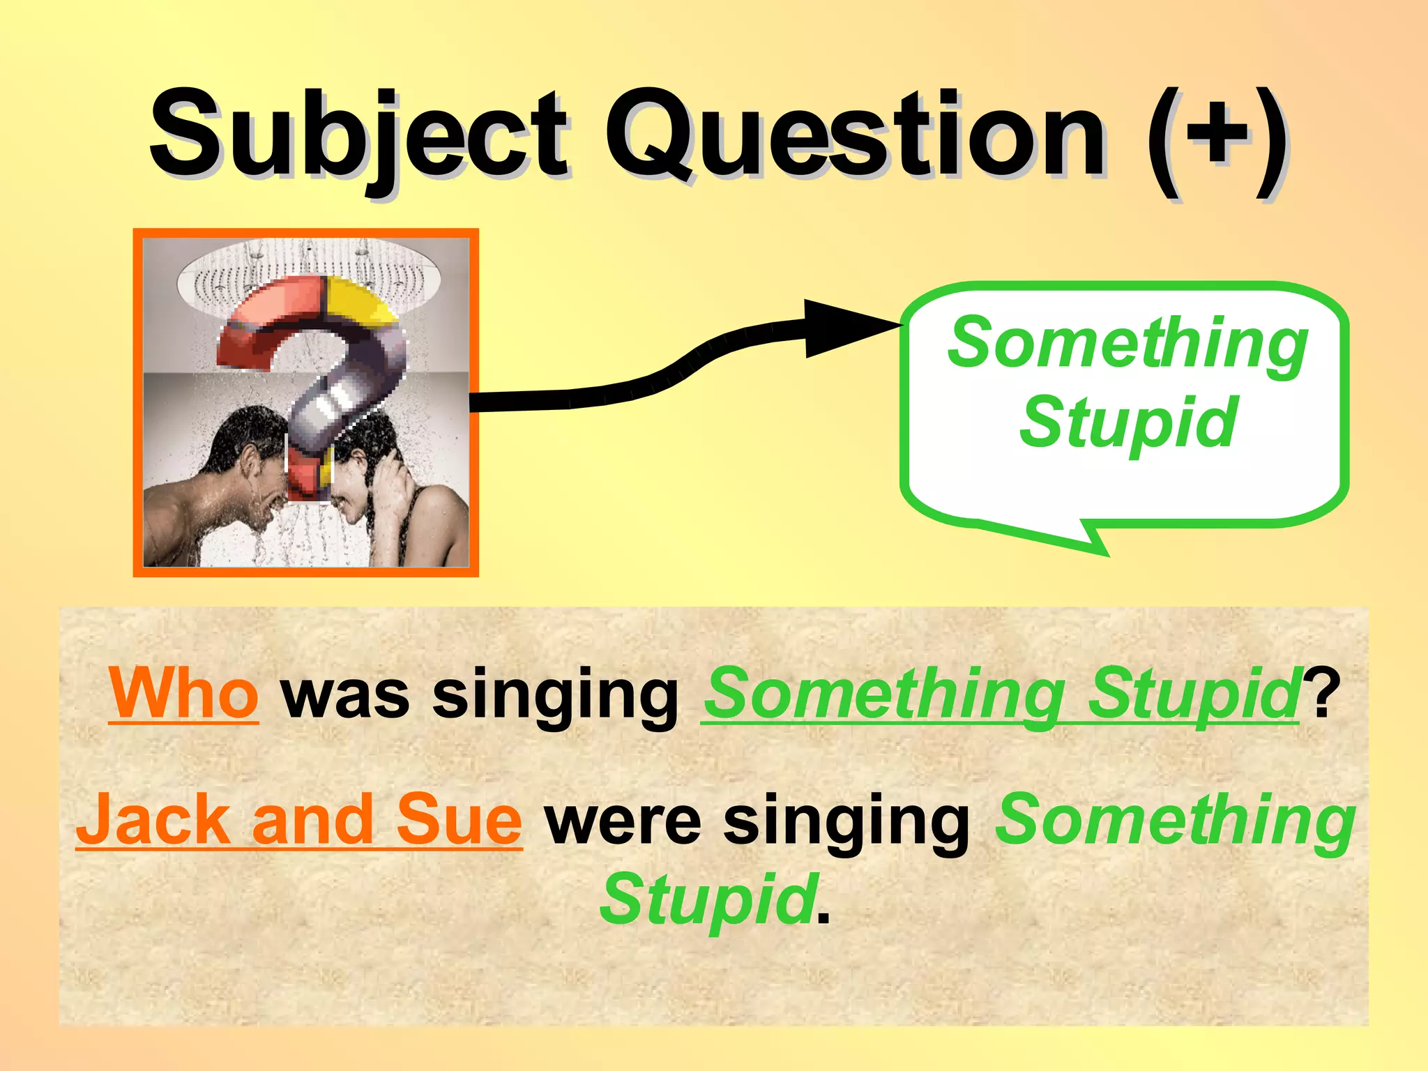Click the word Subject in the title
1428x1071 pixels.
click(359, 136)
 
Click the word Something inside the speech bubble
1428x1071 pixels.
click(1127, 344)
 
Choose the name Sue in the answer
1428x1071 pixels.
click(459, 821)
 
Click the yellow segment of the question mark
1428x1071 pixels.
click(356, 300)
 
